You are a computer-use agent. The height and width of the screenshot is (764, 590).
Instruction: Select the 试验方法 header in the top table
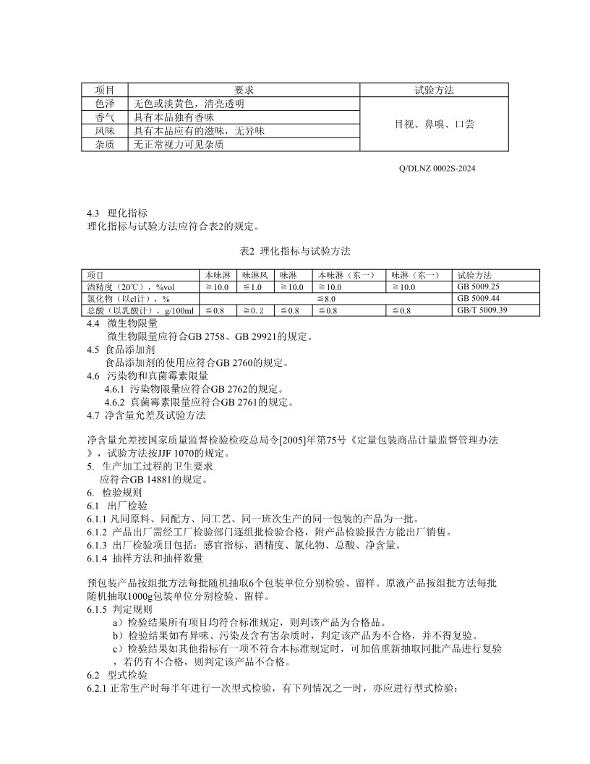(434, 90)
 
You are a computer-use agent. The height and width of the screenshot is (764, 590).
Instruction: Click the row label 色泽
(105, 103)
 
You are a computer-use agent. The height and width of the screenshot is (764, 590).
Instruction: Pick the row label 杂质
(105, 145)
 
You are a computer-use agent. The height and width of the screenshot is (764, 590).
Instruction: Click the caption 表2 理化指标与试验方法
(294, 251)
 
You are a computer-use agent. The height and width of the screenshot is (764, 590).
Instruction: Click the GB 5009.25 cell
(478, 287)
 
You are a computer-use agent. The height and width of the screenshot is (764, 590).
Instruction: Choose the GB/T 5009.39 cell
(482, 310)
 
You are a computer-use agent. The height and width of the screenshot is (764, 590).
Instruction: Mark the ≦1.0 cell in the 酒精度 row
(252, 287)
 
